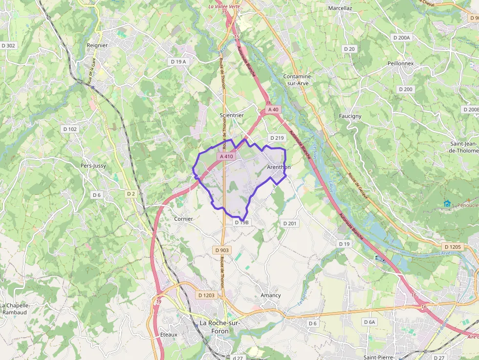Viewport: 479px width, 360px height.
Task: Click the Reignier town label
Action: [97, 45]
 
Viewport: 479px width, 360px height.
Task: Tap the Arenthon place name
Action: [279, 167]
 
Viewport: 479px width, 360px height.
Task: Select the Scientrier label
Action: [232, 115]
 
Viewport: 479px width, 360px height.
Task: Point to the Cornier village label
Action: [183, 219]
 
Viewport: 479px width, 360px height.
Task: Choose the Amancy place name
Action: [271, 295]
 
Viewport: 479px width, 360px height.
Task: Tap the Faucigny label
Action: [350, 116]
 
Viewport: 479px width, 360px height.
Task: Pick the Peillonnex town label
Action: [400, 64]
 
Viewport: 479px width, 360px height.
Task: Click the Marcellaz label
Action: [340, 8]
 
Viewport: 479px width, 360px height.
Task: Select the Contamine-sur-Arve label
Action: [298, 80]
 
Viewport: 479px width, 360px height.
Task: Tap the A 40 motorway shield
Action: [273, 109]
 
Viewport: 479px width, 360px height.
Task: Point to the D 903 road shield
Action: [221, 250]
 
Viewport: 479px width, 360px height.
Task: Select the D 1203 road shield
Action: [206, 295]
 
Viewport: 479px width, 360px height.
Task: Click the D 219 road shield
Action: [277, 138]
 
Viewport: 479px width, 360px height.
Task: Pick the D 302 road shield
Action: [8, 45]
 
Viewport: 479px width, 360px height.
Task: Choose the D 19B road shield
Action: [241, 222]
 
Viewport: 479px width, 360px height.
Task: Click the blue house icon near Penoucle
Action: [447, 204]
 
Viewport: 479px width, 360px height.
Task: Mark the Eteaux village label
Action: [169, 335]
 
